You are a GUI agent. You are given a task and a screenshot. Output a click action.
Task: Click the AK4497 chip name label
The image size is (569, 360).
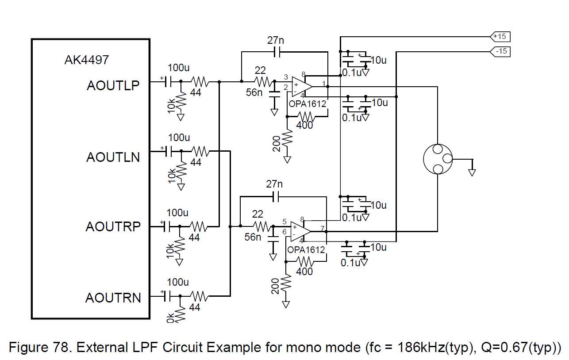pyautogui.click(x=87, y=60)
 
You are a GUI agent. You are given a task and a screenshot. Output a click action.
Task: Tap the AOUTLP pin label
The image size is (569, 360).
pyautogui.click(x=113, y=85)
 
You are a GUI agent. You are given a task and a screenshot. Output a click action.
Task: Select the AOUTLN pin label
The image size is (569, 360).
pyautogui.click(x=113, y=157)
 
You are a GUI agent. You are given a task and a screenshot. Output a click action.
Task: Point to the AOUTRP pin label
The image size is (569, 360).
pyautogui.click(x=113, y=226)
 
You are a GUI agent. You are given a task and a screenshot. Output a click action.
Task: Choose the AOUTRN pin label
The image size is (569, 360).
pyautogui.click(x=113, y=298)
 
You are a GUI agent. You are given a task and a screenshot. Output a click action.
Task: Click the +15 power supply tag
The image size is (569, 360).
pyautogui.click(x=500, y=37)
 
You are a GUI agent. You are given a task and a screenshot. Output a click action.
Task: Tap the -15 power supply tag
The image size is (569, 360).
pyautogui.click(x=500, y=52)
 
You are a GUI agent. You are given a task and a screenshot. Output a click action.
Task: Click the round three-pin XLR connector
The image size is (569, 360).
pyautogui.click(x=438, y=159)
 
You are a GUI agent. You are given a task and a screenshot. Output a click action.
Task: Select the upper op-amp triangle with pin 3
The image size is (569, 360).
pyautogui.click(x=302, y=87)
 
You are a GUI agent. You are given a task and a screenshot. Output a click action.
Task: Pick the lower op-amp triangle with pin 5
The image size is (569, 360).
pyautogui.click(x=300, y=232)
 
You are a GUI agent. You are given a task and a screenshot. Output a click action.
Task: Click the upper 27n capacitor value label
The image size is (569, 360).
pyautogui.click(x=276, y=40)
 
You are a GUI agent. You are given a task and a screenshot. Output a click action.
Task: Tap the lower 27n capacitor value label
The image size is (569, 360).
pyautogui.click(x=274, y=184)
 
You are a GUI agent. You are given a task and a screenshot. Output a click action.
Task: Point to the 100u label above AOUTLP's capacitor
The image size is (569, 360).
pyautogui.click(x=179, y=68)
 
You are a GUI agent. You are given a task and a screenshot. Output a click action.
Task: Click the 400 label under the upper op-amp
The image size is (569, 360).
pyautogui.click(x=304, y=125)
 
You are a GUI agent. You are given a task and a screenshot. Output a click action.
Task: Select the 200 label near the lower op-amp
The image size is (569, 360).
pyautogui.click(x=275, y=286)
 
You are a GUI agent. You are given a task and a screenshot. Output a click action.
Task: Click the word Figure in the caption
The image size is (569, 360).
pyautogui.click(x=28, y=347)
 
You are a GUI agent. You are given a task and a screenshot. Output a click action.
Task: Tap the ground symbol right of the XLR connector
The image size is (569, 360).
pyautogui.click(x=472, y=173)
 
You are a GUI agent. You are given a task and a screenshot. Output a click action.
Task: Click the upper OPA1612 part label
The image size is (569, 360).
pyautogui.click(x=308, y=104)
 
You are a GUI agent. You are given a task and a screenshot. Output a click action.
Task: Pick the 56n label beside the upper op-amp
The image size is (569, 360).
pyautogui.click(x=254, y=92)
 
